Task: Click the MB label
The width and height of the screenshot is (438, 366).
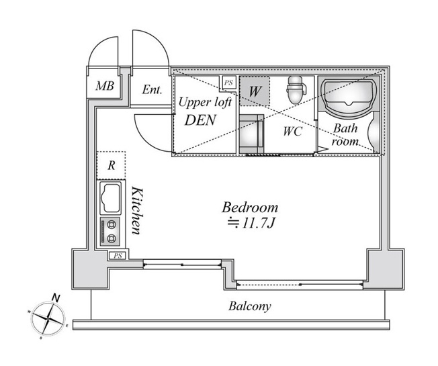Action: tap(105, 86)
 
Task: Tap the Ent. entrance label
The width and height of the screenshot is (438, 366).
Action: tap(152, 90)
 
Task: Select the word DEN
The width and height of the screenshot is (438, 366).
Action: tap(200, 120)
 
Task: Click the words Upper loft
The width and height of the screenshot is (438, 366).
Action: tap(205, 103)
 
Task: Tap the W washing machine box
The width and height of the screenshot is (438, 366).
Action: tap(255, 91)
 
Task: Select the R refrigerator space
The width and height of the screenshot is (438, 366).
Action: tap(111, 165)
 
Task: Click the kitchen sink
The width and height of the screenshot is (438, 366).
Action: tap(111, 197)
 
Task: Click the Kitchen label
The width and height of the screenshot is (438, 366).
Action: tap(137, 211)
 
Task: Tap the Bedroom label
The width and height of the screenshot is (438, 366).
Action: tap(250, 208)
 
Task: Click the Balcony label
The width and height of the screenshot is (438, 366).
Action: tap(250, 306)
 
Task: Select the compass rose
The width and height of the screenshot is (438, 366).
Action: tap(48, 318)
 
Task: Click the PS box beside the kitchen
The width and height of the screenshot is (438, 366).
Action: tap(118, 255)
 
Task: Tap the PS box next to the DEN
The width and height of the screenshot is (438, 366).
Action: tap(228, 83)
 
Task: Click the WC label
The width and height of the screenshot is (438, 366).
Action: tap(292, 131)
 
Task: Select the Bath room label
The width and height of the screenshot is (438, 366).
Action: tap(345, 135)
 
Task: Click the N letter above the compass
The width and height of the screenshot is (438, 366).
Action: tap(56, 298)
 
